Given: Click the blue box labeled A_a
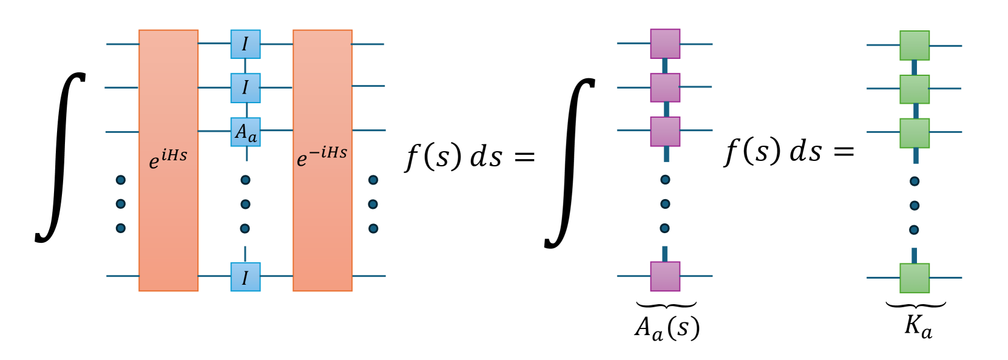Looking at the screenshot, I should click(245, 132).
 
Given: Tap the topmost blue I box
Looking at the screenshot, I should click(245, 44).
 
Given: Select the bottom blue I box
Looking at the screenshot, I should click(245, 277).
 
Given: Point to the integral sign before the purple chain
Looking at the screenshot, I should click(569, 163).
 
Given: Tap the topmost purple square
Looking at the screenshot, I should click(665, 44).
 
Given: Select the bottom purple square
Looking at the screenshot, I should click(665, 276).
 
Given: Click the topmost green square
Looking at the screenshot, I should click(915, 46).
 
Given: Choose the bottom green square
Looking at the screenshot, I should click(915, 278).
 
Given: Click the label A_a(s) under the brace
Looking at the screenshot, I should click(667, 328).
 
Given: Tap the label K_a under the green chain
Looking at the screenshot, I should click(918, 327).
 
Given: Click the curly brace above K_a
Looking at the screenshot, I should click(915, 305).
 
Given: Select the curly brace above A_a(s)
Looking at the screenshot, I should click(666, 305).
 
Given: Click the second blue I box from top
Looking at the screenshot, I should click(245, 88).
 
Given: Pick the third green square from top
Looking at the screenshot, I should click(915, 133).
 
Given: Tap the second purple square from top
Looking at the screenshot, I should click(665, 88).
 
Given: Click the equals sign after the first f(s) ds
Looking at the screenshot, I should click(524, 157).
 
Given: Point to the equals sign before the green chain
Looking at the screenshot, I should click(844, 152).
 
